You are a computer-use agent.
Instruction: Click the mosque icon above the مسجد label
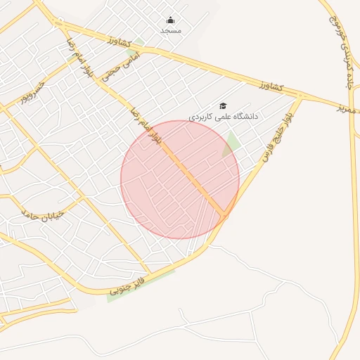[170, 20]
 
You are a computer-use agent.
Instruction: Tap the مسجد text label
[170, 31]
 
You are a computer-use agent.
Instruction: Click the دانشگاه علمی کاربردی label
[223, 115]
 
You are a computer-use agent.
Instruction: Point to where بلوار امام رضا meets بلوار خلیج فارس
[225, 214]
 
